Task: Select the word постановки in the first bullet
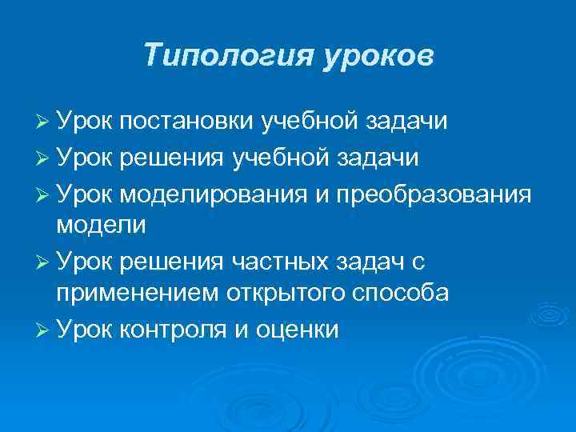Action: pyautogui.click(x=189, y=122)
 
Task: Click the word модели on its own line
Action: pyautogui.click(x=101, y=225)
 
